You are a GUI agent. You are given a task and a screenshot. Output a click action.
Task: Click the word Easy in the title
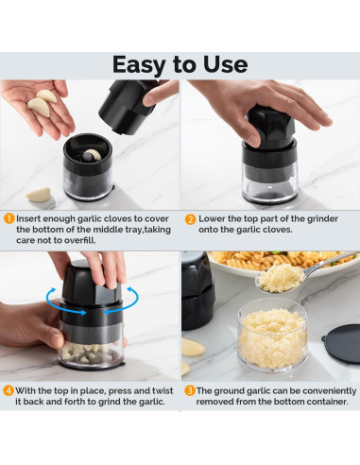pos(139,65)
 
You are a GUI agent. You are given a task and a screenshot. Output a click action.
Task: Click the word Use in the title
pos(225,64)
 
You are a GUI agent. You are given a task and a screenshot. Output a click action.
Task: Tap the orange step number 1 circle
pos(9,218)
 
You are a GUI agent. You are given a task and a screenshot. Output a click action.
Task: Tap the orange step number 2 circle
pos(190,219)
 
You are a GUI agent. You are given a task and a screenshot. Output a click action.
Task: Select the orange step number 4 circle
pos(9,391)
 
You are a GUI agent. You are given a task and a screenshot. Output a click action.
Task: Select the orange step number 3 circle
pos(190,391)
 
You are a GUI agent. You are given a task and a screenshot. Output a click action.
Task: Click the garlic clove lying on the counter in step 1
pos(39,195)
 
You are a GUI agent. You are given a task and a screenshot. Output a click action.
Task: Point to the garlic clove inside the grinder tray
pos(92,154)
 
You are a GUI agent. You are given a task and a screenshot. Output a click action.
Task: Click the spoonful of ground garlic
pos(281,278)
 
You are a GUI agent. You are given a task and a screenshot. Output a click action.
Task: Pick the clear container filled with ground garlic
pos(273,336)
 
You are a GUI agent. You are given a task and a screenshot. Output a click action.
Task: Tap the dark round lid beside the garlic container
pos(342,344)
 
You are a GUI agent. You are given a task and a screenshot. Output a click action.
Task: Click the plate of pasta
pos(283,263)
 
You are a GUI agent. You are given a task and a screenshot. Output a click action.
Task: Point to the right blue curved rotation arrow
pos(124,301)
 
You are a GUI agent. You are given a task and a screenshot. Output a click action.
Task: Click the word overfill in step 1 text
pos(79,240)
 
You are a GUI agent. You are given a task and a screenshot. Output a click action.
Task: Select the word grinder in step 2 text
pos(322,219)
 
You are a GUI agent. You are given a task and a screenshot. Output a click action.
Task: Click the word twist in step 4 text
pos(163,390)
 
